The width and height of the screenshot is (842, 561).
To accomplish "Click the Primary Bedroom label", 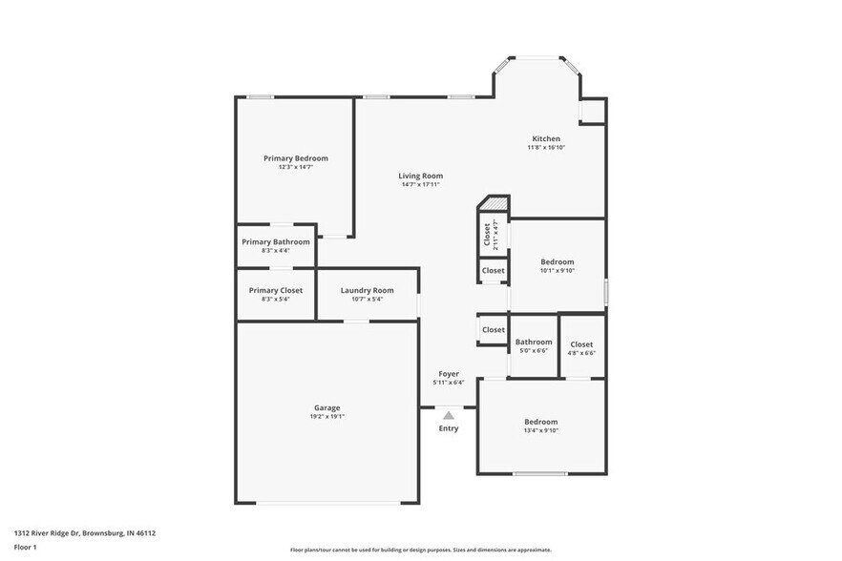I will click(x=296, y=158).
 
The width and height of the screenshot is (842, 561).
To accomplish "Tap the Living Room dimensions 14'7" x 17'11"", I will click(x=421, y=184).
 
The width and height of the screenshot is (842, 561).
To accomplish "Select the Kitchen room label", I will click(x=546, y=139).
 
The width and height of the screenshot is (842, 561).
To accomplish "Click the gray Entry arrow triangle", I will click(x=449, y=415).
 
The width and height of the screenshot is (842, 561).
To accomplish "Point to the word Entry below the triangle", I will click(x=449, y=428).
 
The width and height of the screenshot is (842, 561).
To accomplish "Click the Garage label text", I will click(x=326, y=407).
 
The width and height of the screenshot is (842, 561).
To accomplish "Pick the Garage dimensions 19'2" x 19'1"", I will click(x=326, y=417).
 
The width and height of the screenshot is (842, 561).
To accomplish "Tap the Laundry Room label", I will click(x=367, y=290).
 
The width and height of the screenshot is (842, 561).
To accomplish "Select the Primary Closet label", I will click(x=276, y=290).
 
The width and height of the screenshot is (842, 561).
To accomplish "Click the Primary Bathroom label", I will click(x=276, y=241).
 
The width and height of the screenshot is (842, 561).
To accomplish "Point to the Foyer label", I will click(x=449, y=374).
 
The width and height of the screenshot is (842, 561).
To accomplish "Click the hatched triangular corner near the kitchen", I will click(x=493, y=204).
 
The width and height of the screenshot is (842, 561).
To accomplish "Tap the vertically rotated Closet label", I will click(x=487, y=235).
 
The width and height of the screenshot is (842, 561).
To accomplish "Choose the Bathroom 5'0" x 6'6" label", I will click(x=534, y=342).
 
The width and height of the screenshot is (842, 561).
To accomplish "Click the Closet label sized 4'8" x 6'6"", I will click(x=581, y=344).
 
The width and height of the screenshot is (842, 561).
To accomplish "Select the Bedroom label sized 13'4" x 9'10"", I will click(x=540, y=422).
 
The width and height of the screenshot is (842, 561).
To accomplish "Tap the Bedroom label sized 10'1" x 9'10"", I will click(x=558, y=261).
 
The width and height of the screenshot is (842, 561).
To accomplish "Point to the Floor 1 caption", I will click(x=25, y=547).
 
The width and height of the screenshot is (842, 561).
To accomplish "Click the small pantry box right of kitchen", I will click(x=592, y=111).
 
